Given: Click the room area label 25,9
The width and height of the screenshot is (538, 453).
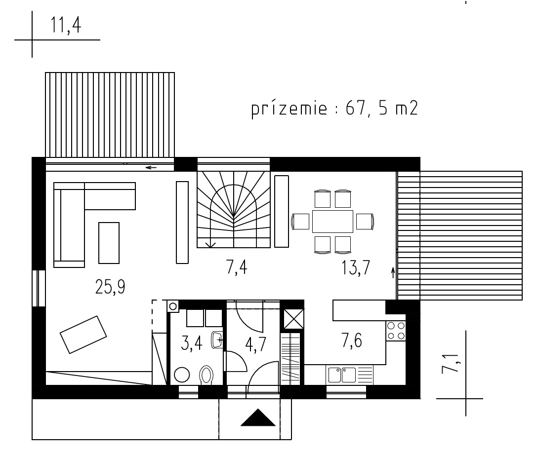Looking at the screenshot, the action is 110,287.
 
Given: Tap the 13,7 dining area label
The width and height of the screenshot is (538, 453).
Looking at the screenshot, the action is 356,267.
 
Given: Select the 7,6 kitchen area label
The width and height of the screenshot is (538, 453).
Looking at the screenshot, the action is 352,341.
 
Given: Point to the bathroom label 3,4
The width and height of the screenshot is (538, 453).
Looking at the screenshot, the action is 192,343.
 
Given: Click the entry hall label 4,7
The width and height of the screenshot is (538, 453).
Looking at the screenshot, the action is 256,344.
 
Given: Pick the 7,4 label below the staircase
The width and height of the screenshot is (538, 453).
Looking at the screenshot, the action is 237,267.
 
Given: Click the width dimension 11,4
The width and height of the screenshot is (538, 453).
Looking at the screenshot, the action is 66,25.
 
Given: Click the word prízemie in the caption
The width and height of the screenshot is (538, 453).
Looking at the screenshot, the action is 289,110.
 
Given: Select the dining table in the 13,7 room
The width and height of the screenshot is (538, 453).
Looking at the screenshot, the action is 332,222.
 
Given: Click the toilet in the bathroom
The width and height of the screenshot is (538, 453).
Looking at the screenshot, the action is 206,375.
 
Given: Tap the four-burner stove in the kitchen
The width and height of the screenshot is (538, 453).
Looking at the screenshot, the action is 396,331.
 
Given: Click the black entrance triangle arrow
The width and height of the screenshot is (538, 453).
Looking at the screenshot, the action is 258,417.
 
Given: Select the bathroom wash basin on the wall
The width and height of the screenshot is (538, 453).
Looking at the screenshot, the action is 217,340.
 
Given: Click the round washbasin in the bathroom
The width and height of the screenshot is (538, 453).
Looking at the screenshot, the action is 181,375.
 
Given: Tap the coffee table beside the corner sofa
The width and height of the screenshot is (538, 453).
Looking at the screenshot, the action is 109,243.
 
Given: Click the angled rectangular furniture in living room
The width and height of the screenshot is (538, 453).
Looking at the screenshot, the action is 83,335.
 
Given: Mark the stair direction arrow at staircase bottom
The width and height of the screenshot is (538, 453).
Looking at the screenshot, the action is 210,244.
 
